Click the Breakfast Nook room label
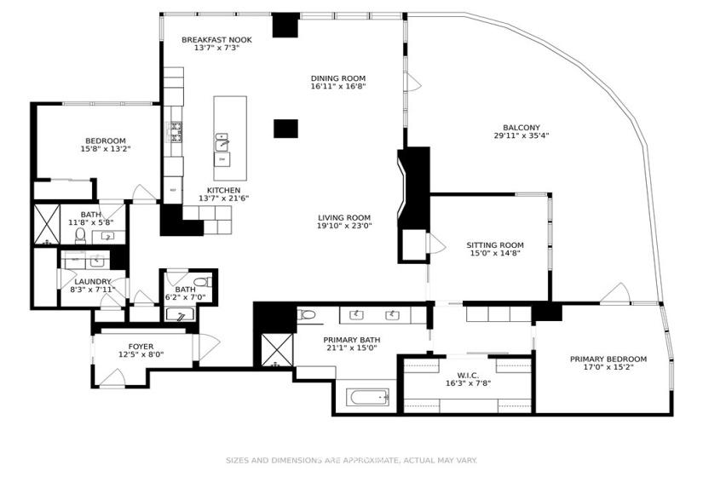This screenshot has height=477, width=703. [216, 39]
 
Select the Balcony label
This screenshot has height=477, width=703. [521, 127]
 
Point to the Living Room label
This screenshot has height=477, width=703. [344, 217]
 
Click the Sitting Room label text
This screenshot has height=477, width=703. [494, 244]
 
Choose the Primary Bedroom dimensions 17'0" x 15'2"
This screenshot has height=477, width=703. [608, 369]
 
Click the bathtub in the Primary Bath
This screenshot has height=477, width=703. [368, 396]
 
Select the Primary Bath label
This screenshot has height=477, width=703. [351, 338]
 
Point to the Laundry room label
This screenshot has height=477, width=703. [93, 281]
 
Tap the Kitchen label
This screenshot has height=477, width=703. [223, 190]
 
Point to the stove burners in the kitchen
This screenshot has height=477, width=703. [176, 130]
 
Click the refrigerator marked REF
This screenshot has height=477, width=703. [174, 190]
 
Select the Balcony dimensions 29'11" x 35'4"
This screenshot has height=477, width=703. [521, 136]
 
